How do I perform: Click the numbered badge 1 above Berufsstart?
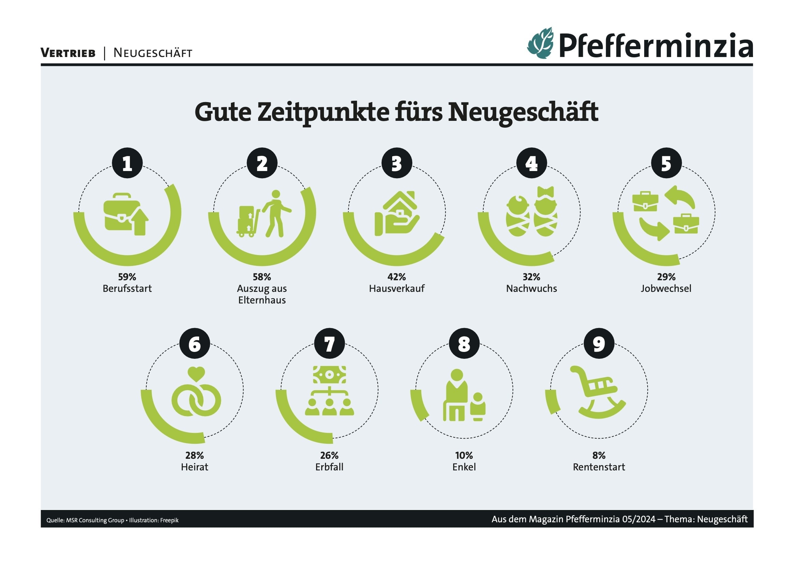[127, 163]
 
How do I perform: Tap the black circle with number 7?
[329, 343]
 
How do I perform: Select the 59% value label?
[127, 277]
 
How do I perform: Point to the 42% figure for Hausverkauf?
[397, 277]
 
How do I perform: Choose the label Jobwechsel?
[666, 288]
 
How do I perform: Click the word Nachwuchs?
[531, 288]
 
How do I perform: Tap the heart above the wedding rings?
[196, 374]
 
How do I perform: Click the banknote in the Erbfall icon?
[329, 374]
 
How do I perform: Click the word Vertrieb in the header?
[68, 53]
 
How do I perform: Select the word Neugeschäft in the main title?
[523, 112]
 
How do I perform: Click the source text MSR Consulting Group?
[95, 520]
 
